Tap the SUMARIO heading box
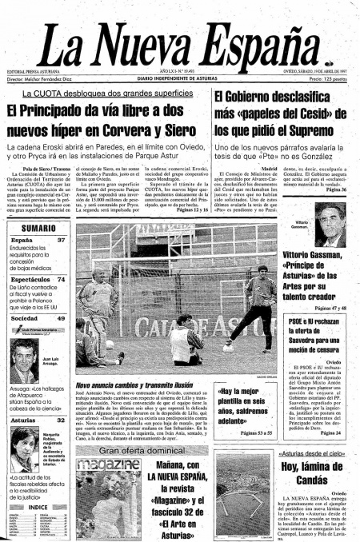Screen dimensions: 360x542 [x=38, y=228]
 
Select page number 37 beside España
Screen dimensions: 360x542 [x=61, y=240]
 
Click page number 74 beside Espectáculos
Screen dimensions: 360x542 [x=61, y=280]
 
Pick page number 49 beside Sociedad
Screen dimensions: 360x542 [x=61, y=318]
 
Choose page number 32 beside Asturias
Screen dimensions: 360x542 [x=61, y=419]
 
